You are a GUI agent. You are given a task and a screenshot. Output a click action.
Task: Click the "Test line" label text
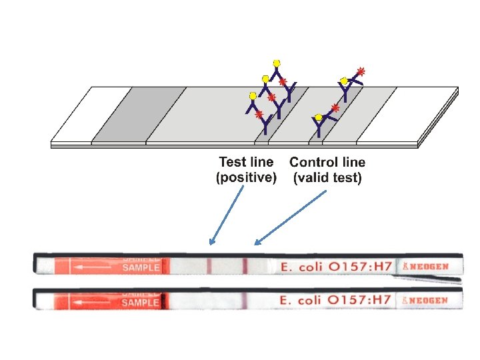246,162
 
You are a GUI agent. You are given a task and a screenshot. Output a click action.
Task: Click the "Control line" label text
327,162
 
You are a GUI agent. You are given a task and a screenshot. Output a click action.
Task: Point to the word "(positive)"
246,178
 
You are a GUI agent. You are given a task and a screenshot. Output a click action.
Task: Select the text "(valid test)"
327,178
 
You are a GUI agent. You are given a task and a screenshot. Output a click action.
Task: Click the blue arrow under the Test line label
226,215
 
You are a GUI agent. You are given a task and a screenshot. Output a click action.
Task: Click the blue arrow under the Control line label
291,217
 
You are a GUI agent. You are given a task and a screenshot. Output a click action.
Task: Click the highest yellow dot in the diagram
277,63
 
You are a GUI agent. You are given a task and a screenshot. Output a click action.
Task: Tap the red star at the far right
361,71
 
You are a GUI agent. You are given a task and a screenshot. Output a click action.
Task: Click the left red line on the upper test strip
209,267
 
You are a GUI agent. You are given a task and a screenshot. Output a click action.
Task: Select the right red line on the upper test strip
245,267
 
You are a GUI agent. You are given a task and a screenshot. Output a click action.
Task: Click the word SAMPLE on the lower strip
141,302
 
